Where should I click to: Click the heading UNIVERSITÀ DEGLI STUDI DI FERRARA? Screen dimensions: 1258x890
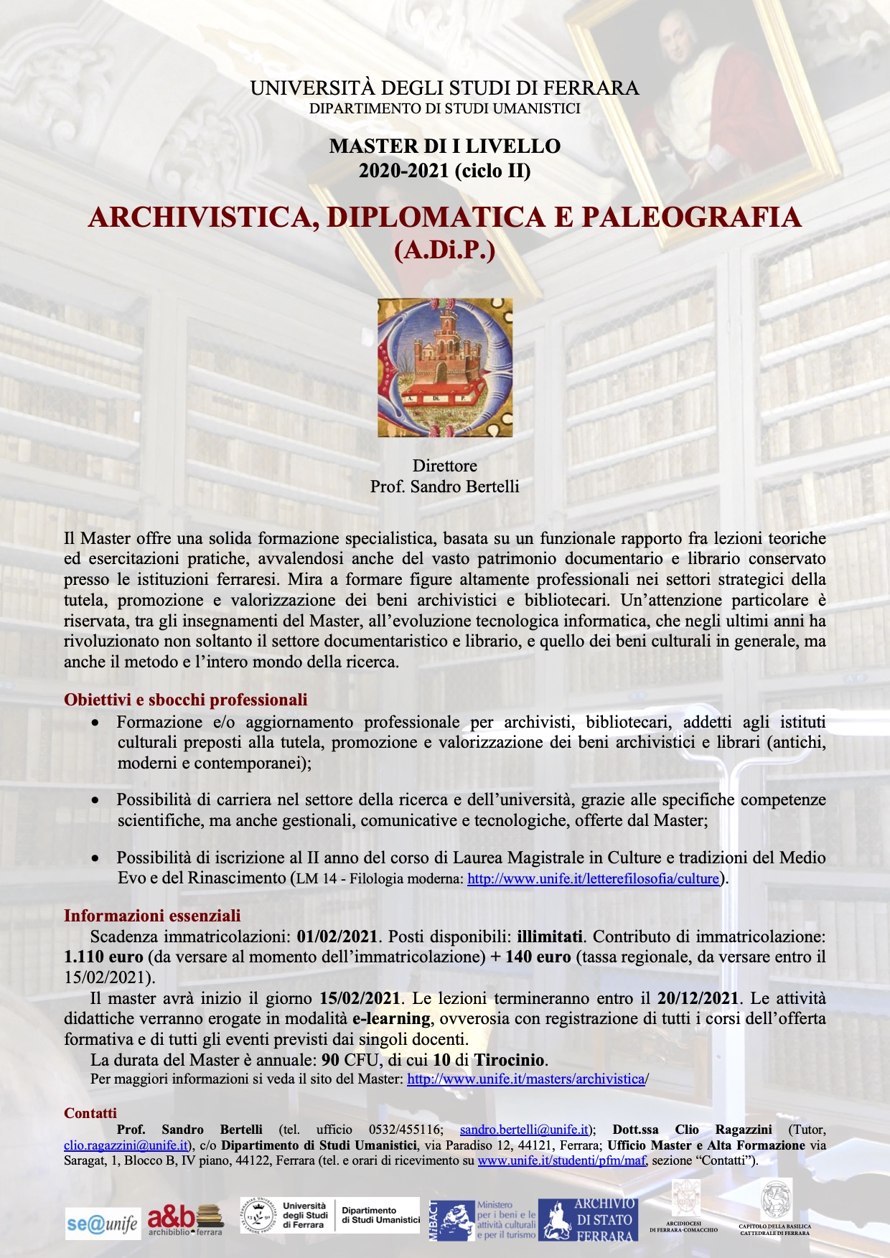[444, 88]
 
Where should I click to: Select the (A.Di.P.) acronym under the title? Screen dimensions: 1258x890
[445, 250]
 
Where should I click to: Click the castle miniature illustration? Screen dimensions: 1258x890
[445, 367]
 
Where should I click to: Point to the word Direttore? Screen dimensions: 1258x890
[445, 466]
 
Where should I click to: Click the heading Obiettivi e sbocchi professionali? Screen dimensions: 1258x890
[185, 700]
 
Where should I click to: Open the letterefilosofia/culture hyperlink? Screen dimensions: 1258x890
[593, 878]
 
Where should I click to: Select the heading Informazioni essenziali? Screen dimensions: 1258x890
[152, 916]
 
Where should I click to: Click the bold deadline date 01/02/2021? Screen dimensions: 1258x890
[337, 937]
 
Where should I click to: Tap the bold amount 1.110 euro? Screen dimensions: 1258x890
[103, 957]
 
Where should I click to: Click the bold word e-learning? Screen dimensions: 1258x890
[391, 1019]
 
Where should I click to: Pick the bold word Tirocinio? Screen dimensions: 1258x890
[510, 1061]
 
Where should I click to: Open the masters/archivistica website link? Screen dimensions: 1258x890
[527, 1079]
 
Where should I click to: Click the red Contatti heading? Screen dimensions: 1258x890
[90, 1113]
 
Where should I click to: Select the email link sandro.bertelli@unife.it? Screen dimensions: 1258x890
[524, 1130]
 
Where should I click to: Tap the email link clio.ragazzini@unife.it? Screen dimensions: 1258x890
[126, 1145]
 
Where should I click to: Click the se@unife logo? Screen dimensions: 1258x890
[103, 1224]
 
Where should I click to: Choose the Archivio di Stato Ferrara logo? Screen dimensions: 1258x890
[587, 1219]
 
